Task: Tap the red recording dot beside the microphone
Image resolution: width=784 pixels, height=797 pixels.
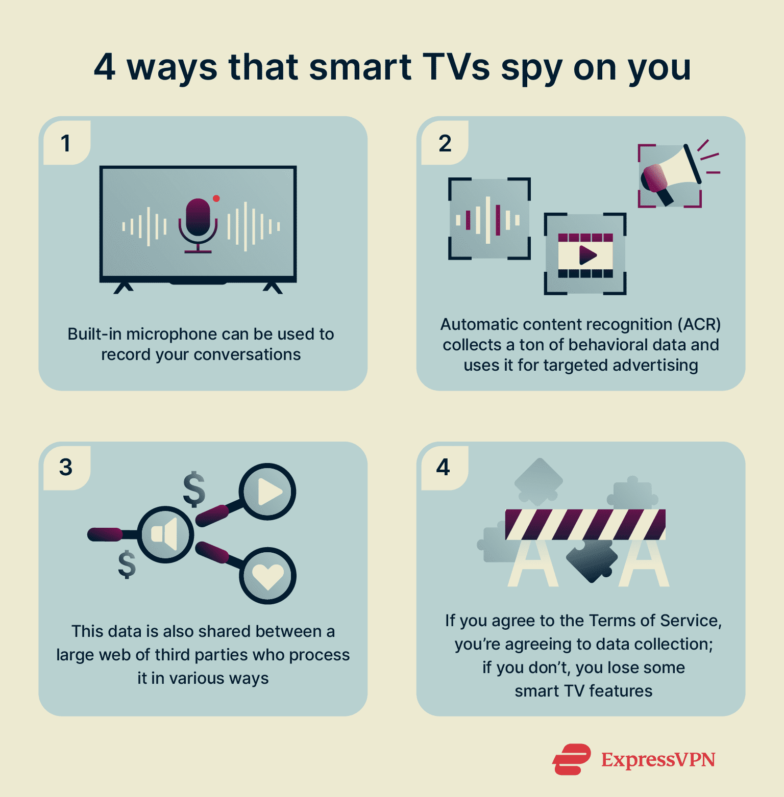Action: (x=216, y=198)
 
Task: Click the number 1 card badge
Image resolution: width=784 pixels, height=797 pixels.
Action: (x=66, y=143)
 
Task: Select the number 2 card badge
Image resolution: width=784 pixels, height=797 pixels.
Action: (x=445, y=143)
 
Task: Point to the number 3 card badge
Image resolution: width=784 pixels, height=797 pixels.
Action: (x=66, y=467)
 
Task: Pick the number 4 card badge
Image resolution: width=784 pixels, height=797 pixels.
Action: (x=444, y=467)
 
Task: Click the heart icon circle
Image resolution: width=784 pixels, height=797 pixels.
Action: (x=268, y=576)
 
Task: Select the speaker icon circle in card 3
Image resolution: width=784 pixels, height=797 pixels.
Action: (x=165, y=534)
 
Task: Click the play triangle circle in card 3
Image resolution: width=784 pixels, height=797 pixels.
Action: (x=268, y=492)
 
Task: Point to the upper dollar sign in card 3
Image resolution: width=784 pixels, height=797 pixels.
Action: (x=194, y=489)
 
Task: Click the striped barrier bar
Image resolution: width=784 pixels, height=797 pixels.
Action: (x=585, y=524)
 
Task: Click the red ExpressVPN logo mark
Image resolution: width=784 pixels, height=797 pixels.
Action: (x=572, y=759)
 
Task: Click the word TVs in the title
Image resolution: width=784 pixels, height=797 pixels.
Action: (x=456, y=67)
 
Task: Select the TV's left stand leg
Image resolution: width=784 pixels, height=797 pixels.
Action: (x=123, y=288)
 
